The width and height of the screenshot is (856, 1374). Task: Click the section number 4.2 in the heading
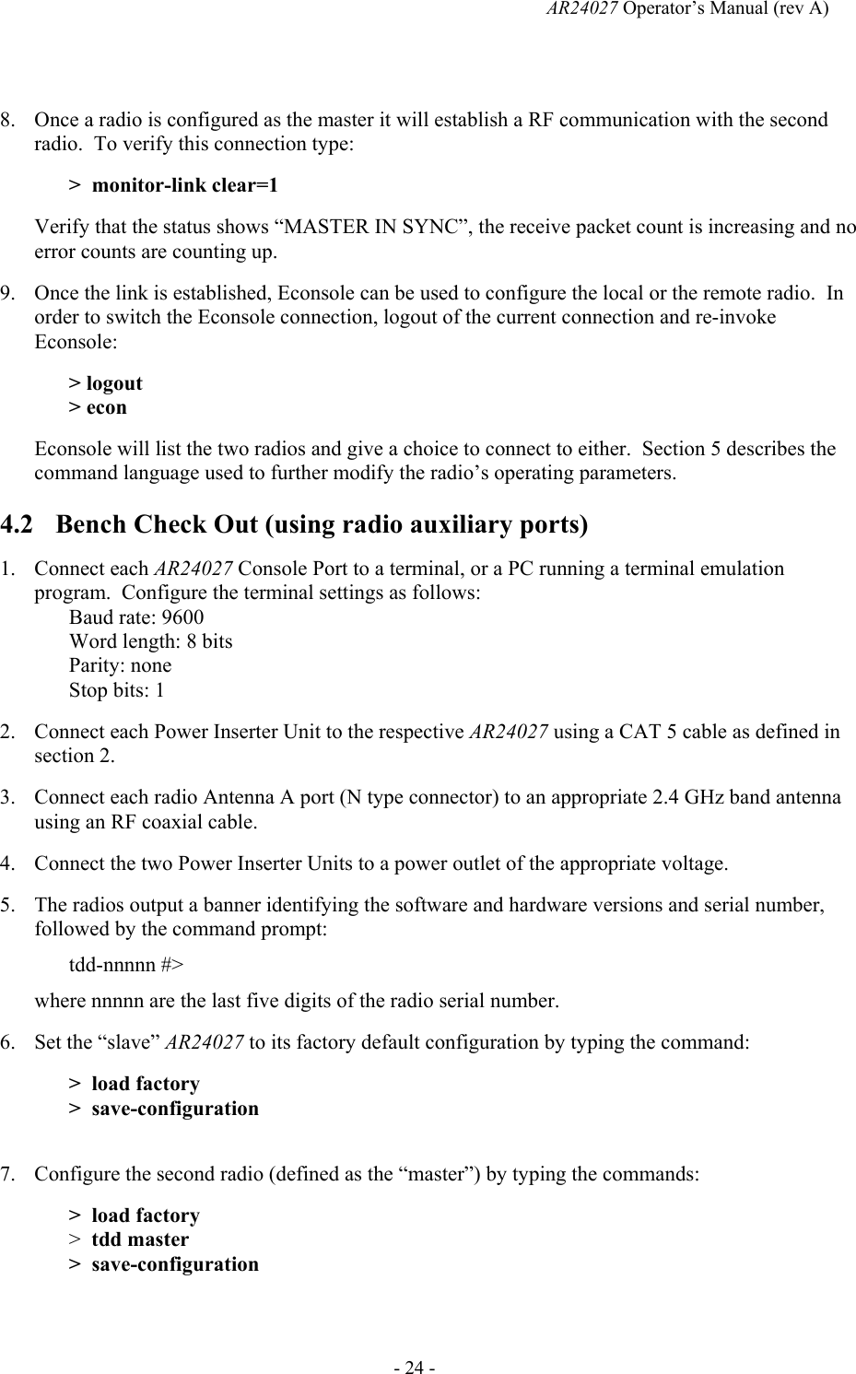tap(18, 525)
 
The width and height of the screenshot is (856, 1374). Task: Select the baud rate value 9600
tap(182, 617)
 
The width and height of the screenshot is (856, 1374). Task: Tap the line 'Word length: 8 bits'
tap(151, 641)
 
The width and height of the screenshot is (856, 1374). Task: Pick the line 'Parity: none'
tap(120, 665)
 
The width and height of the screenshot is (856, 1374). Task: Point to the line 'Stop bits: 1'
tap(117, 690)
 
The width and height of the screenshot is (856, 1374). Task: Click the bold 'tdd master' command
tap(140, 1239)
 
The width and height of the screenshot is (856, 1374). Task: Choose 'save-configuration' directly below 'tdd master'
tap(175, 1264)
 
